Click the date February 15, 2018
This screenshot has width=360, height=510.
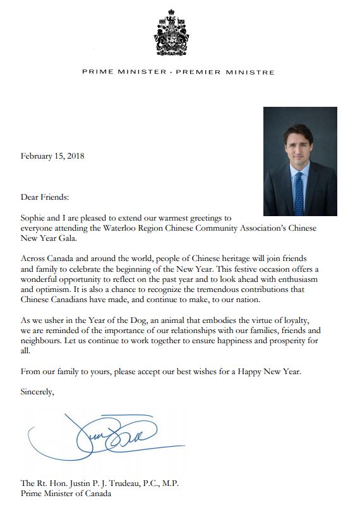click(53, 155)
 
